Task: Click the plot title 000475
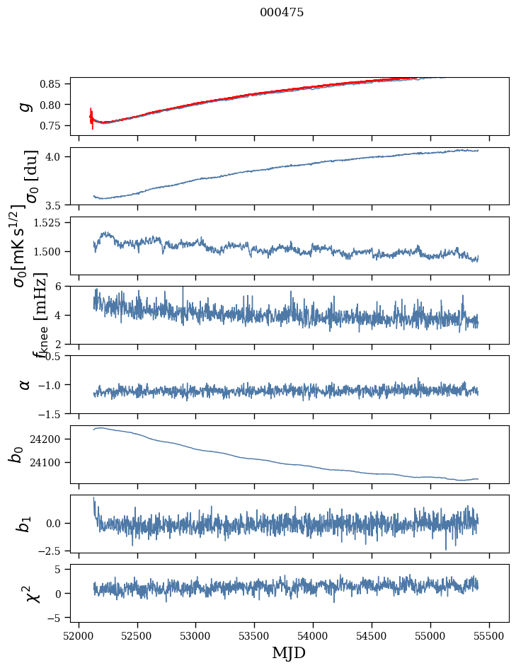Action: click(282, 13)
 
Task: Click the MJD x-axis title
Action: click(289, 653)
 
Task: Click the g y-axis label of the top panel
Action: click(26, 106)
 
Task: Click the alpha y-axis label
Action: click(25, 384)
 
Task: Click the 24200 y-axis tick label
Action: click(48, 439)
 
